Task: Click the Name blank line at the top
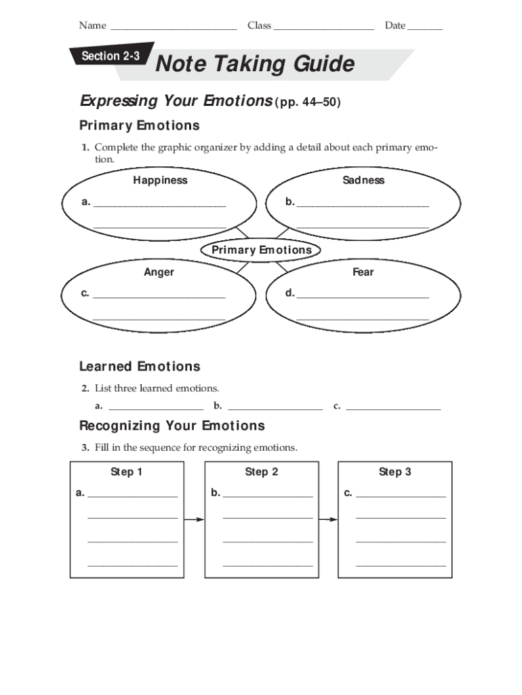[x=173, y=28]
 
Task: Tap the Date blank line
[x=425, y=28]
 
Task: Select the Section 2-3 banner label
[x=111, y=56]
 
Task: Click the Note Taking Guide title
[x=255, y=64]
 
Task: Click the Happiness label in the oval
[x=160, y=181]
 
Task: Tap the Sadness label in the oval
[x=363, y=181]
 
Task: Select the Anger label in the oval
[x=159, y=272]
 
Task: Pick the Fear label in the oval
[x=363, y=272]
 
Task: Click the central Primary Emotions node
[x=262, y=250]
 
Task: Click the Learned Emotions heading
[x=140, y=367]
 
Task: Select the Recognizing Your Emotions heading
[x=172, y=426]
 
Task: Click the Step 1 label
[x=127, y=472]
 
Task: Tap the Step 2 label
[x=262, y=472]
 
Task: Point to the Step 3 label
[x=395, y=472]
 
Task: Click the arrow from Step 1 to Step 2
[x=194, y=520]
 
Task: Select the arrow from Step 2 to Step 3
[x=327, y=520]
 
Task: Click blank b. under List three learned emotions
[x=275, y=409]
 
